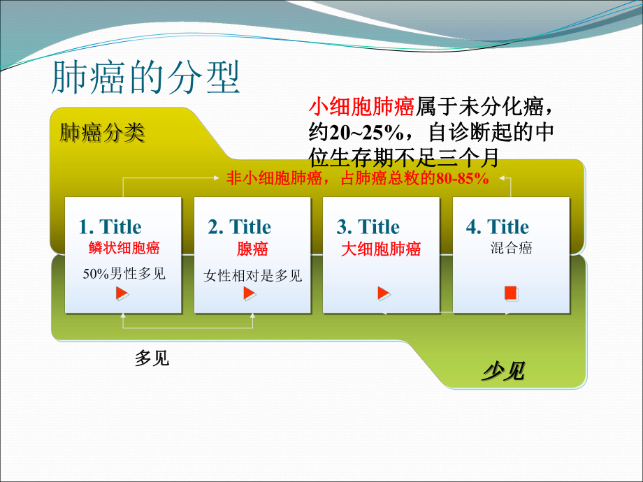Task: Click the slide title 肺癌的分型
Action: click(x=145, y=78)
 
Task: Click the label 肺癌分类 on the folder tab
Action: click(x=102, y=133)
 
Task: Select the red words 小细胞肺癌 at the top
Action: click(x=361, y=106)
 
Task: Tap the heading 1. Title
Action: click(x=110, y=227)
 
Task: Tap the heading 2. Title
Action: click(x=239, y=227)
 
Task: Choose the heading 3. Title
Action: click(x=368, y=227)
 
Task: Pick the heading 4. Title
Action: click(x=497, y=227)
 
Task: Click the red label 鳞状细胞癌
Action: click(x=124, y=248)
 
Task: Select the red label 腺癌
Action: click(x=252, y=249)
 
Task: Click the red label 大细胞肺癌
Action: click(x=381, y=249)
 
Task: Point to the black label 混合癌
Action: click(x=511, y=248)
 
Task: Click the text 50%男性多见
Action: click(x=124, y=273)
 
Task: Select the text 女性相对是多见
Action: click(x=252, y=276)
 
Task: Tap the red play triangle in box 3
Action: click(x=383, y=293)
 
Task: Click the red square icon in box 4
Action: click(x=511, y=293)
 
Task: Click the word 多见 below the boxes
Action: click(x=152, y=360)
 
